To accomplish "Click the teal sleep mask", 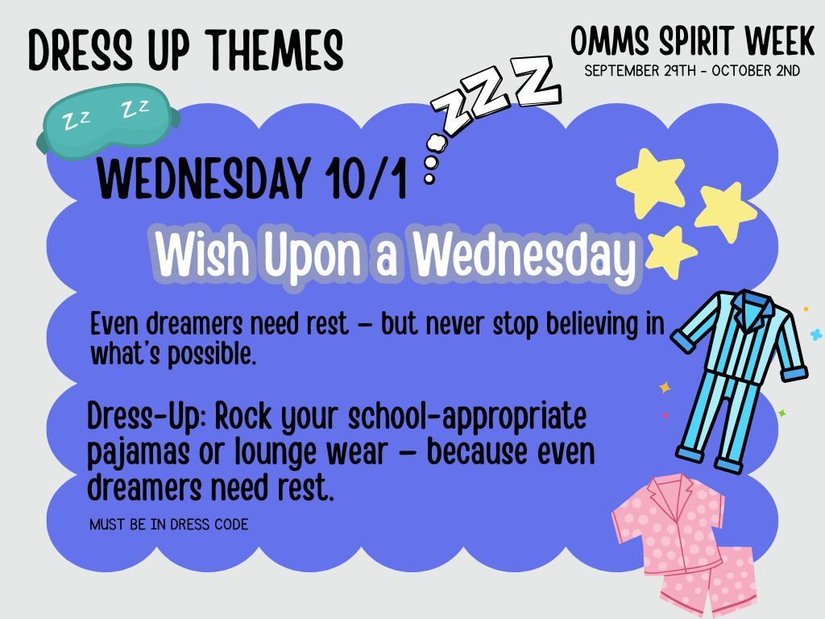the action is click(108, 120).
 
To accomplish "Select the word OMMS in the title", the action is click(611, 41).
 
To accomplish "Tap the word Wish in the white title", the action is click(202, 254).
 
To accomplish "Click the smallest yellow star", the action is click(671, 251).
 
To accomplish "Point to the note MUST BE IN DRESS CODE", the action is click(169, 524).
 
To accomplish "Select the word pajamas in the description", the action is click(138, 453).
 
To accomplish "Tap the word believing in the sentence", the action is click(592, 324).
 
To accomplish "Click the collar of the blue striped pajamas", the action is click(753, 308).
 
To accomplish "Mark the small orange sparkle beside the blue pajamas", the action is click(665, 388).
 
